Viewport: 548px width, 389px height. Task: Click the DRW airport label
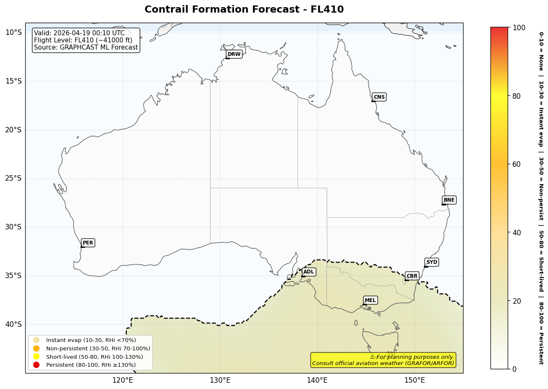[234, 54]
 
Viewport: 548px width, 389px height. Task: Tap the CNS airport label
[379, 97]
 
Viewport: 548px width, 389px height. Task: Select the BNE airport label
[449, 200]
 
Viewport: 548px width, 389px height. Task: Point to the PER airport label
[88, 243]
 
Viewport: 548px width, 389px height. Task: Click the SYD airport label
[432, 262]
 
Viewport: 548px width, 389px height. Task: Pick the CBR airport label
[412, 276]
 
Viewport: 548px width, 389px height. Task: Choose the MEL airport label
[370, 300]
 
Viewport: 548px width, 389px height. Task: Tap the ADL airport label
[308, 272]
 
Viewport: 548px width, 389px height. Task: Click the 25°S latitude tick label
[13, 178]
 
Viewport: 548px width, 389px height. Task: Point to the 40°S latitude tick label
[13, 324]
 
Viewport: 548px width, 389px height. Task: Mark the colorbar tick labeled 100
[519, 28]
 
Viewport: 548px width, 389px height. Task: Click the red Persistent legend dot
[37, 365]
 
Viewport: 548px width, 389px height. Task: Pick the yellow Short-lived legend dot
[37, 357]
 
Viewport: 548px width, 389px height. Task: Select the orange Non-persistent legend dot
[37, 348]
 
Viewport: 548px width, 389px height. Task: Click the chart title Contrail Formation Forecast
[244, 10]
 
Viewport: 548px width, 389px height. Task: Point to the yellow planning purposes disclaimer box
[383, 360]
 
